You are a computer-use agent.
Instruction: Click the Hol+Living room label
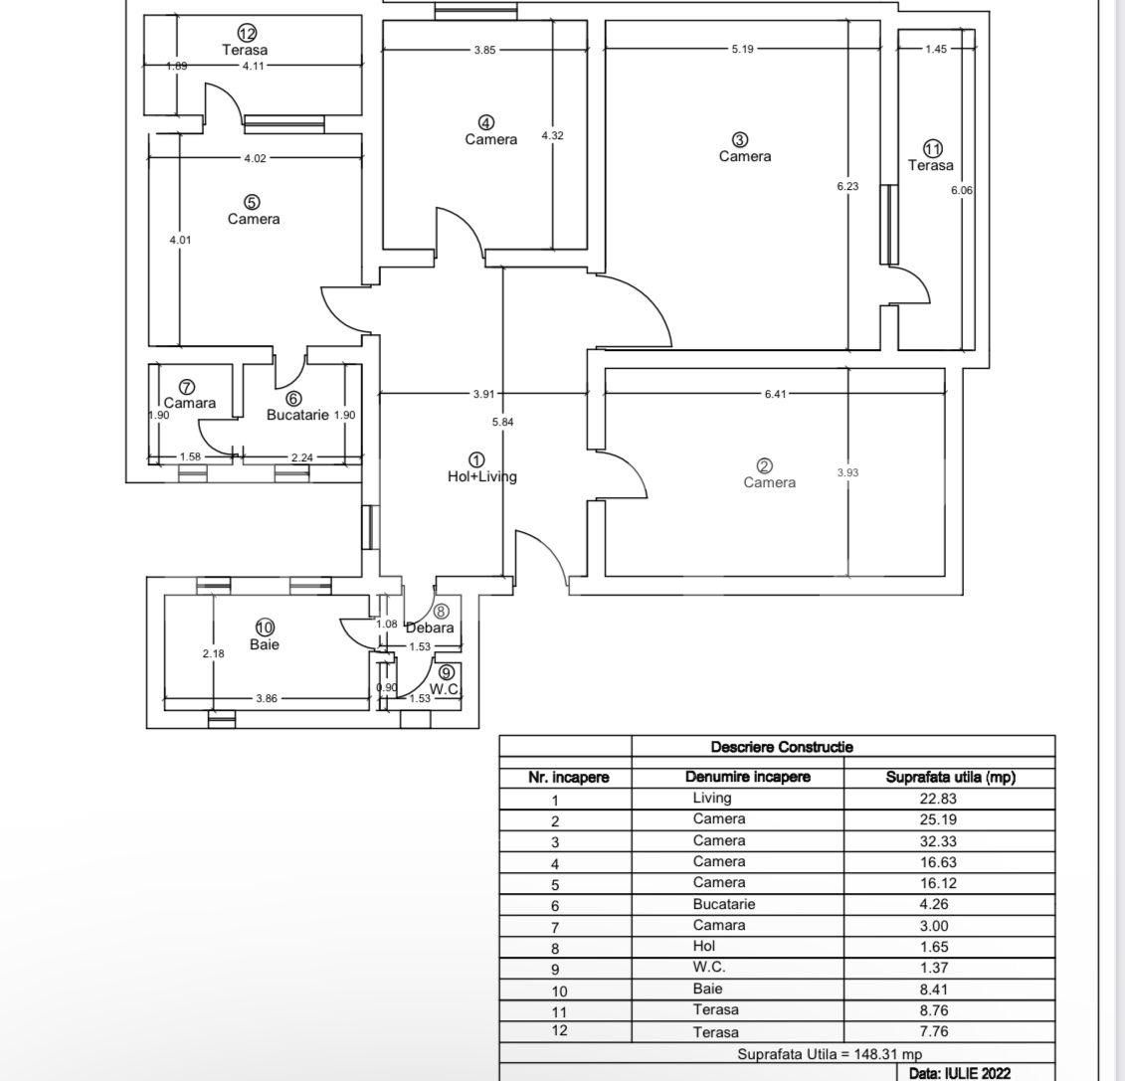tap(482, 476)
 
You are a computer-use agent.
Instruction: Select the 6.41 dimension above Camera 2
tap(775, 394)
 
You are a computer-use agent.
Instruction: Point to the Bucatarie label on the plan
tap(297, 415)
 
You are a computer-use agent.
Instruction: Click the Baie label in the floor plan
tap(265, 644)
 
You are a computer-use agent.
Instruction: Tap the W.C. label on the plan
tap(445, 688)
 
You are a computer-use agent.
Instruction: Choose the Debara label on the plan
tap(430, 628)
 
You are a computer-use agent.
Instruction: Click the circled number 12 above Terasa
tap(247, 33)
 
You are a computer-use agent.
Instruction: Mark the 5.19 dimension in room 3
tap(742, 49)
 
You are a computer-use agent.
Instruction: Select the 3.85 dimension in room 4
tap(484, 49)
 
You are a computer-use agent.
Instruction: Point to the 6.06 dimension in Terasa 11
tap(961, 190)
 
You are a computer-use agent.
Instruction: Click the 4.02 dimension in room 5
tap(255, 158)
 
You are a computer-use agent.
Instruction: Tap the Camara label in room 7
tap(189, 403)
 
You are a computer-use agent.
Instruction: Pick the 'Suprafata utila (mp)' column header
tap(950, 778)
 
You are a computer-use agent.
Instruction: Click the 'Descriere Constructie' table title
tap(782, 747)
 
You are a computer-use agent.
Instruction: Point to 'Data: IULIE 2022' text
tap(959, 1073)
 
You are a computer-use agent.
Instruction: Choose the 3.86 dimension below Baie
tap(266, 698)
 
